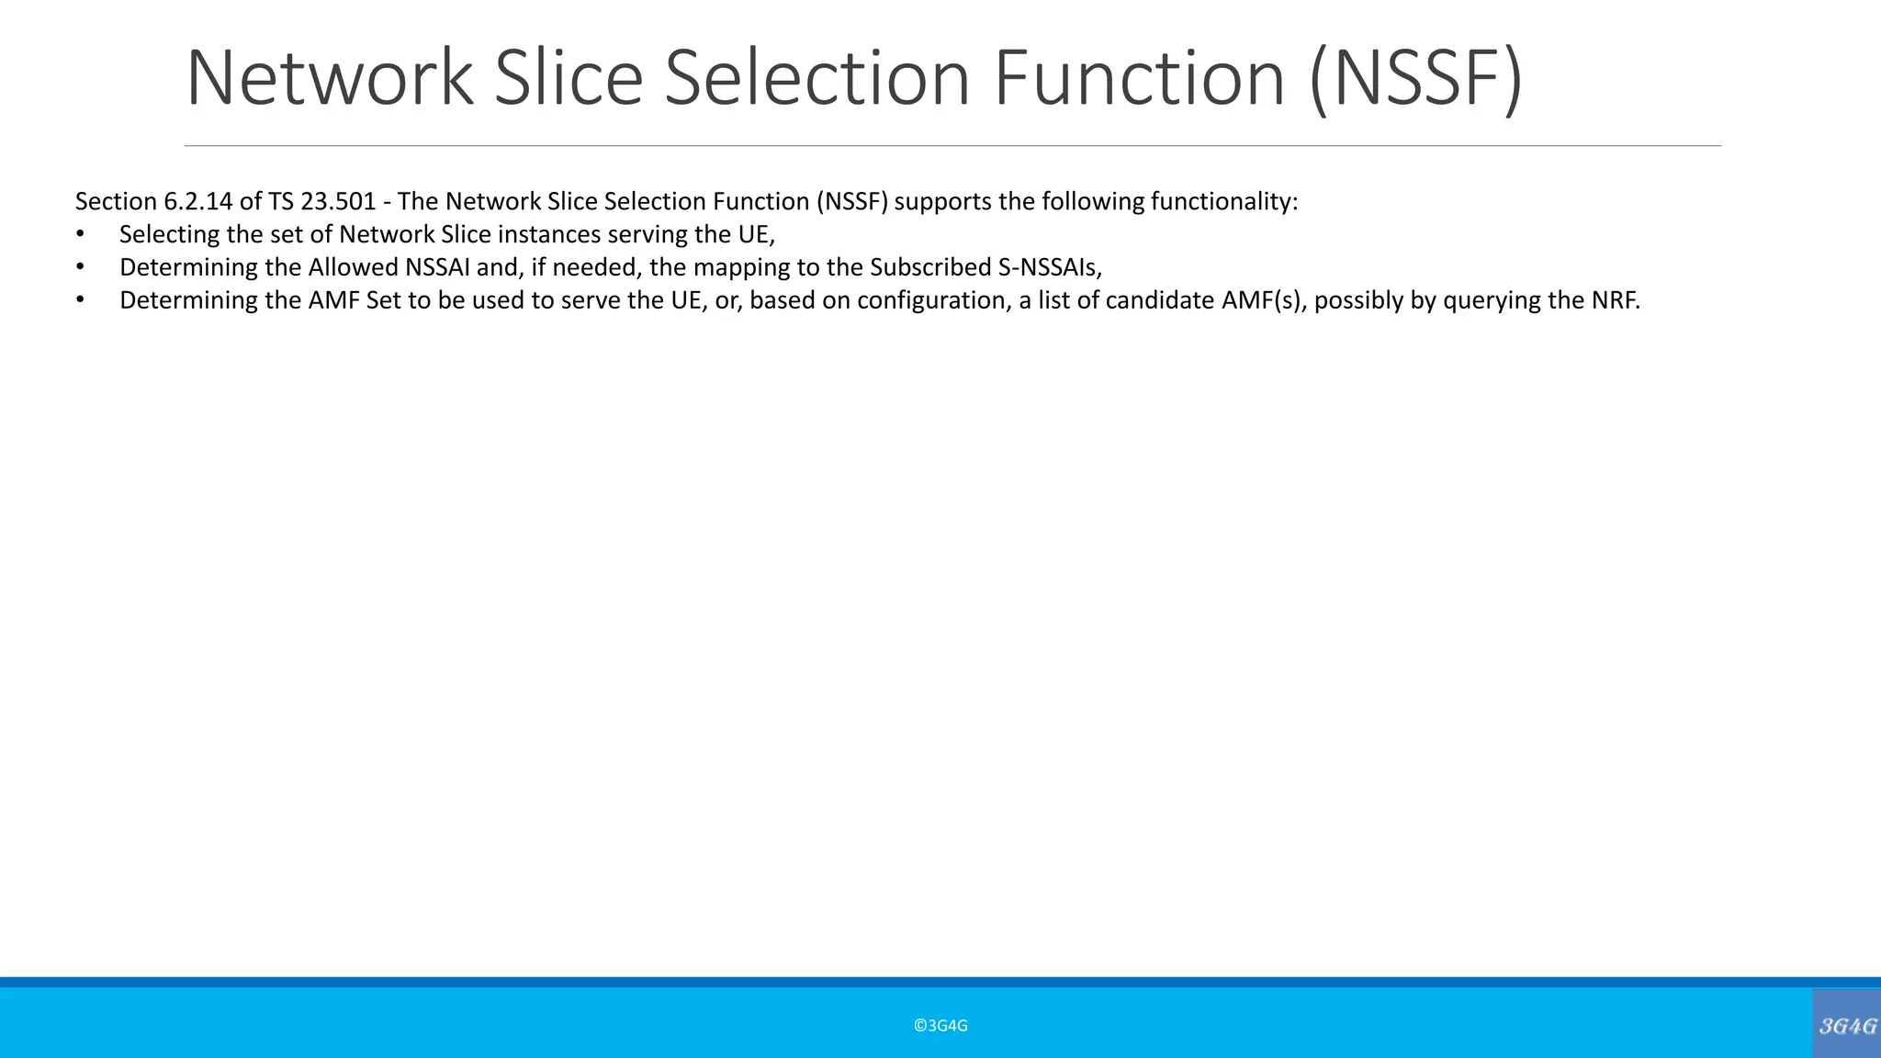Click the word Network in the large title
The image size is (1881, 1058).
tap(330, 79)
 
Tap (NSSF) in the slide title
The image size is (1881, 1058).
tap(1416, 79)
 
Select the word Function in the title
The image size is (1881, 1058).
tap(1140, 79)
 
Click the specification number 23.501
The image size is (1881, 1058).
tap(338, 201)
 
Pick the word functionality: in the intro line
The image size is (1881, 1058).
tap(1224, 201)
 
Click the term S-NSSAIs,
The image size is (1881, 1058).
tap(1050, 267)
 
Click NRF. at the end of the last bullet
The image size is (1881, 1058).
tap(1616, 300)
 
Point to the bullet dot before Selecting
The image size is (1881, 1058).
tap(80, 234)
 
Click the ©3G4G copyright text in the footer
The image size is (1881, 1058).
tap(940, 1026)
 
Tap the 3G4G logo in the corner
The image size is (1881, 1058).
tap(1847, 1025)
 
